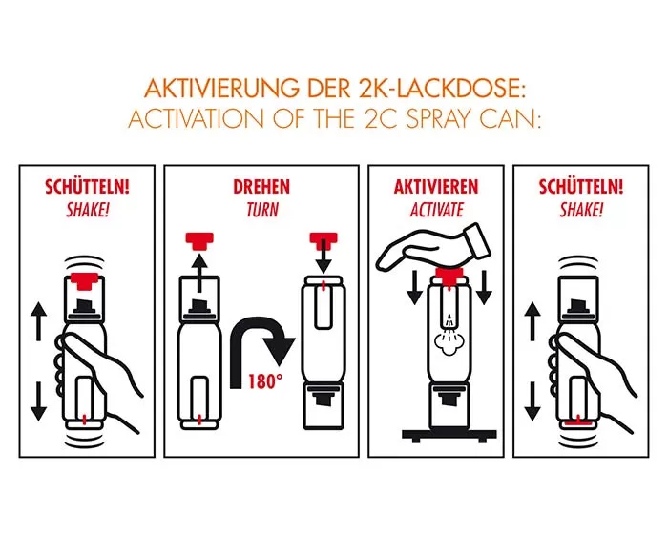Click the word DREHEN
261,187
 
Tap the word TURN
262,210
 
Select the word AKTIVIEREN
436,187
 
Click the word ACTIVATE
437,210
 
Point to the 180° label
265,381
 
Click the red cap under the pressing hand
449,275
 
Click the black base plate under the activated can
449,435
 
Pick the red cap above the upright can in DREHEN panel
198,240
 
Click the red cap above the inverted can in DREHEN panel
324,239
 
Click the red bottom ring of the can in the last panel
577,423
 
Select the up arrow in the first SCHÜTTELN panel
39,321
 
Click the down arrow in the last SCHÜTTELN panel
532,401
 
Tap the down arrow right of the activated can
484,287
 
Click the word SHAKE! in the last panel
581,210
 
